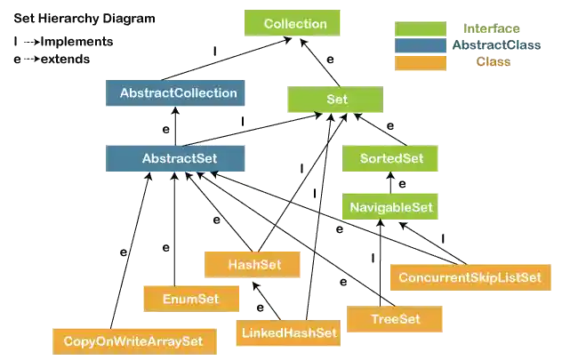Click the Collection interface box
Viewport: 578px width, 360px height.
[295, 24]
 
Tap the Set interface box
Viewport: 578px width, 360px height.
[330, 100]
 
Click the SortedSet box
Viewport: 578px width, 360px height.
[390, 159]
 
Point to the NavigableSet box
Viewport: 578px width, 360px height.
[390, 208]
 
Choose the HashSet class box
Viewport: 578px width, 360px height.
[254, 264]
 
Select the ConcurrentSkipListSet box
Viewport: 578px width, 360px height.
[470, 277]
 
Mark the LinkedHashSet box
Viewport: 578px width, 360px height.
[289, 334]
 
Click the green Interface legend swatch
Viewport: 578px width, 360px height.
[420, 28]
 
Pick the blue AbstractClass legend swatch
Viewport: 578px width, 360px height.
[420, 44]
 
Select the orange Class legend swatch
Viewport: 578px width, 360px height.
[420, 61]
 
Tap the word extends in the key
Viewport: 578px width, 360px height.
[64, 60]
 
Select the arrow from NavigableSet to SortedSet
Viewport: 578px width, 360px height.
[389, 184]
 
